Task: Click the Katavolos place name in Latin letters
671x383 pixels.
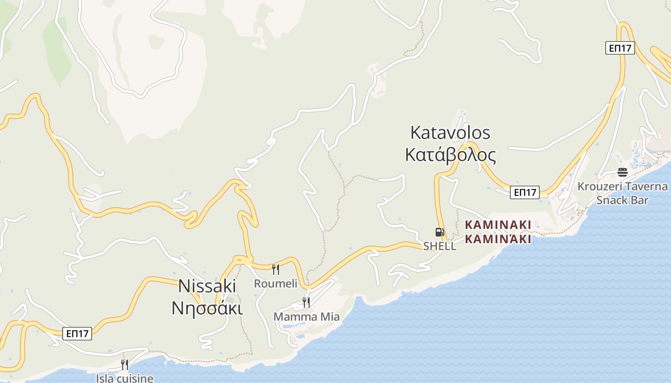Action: (450, 132)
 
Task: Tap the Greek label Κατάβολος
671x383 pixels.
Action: (450, 155)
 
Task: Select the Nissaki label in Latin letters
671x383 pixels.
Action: (207, 286)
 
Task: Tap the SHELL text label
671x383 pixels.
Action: (440, 246)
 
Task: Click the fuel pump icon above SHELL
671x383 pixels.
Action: (440, 232)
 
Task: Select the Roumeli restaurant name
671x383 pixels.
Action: (276, 283)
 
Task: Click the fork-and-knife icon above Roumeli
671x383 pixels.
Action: (276, 270)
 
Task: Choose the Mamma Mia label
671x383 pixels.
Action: (306, 316)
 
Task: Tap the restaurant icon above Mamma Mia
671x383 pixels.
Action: (306, 303)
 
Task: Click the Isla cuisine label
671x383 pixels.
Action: (125, 378)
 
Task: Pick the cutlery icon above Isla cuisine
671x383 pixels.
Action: (125, 365)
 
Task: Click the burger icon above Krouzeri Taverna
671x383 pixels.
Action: (623, 172)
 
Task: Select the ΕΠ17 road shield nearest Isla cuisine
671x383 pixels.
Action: (77, 334)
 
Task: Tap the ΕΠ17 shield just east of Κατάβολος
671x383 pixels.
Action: (525, 192)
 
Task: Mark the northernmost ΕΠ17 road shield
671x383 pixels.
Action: (620, 48)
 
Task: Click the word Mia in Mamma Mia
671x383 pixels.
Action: (329, 316)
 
